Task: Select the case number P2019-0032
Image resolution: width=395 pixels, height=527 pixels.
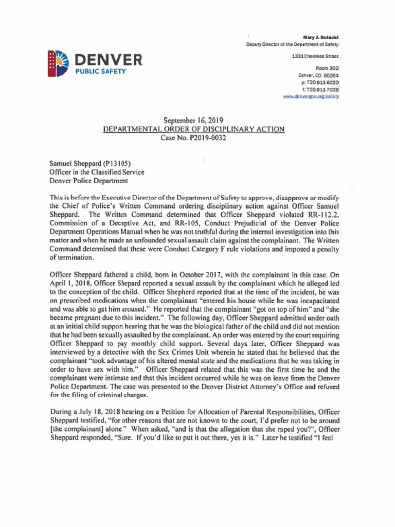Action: click(x=206, y=138)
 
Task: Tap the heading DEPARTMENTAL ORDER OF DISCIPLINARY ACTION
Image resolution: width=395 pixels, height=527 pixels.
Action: click(x=194, y=130)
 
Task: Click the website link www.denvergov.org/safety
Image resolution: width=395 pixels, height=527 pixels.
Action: click(x=311, y=96)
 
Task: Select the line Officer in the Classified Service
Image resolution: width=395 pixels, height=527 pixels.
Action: click(x=97, y=172)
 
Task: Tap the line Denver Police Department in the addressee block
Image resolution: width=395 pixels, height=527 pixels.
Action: click(x=88, y=181)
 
